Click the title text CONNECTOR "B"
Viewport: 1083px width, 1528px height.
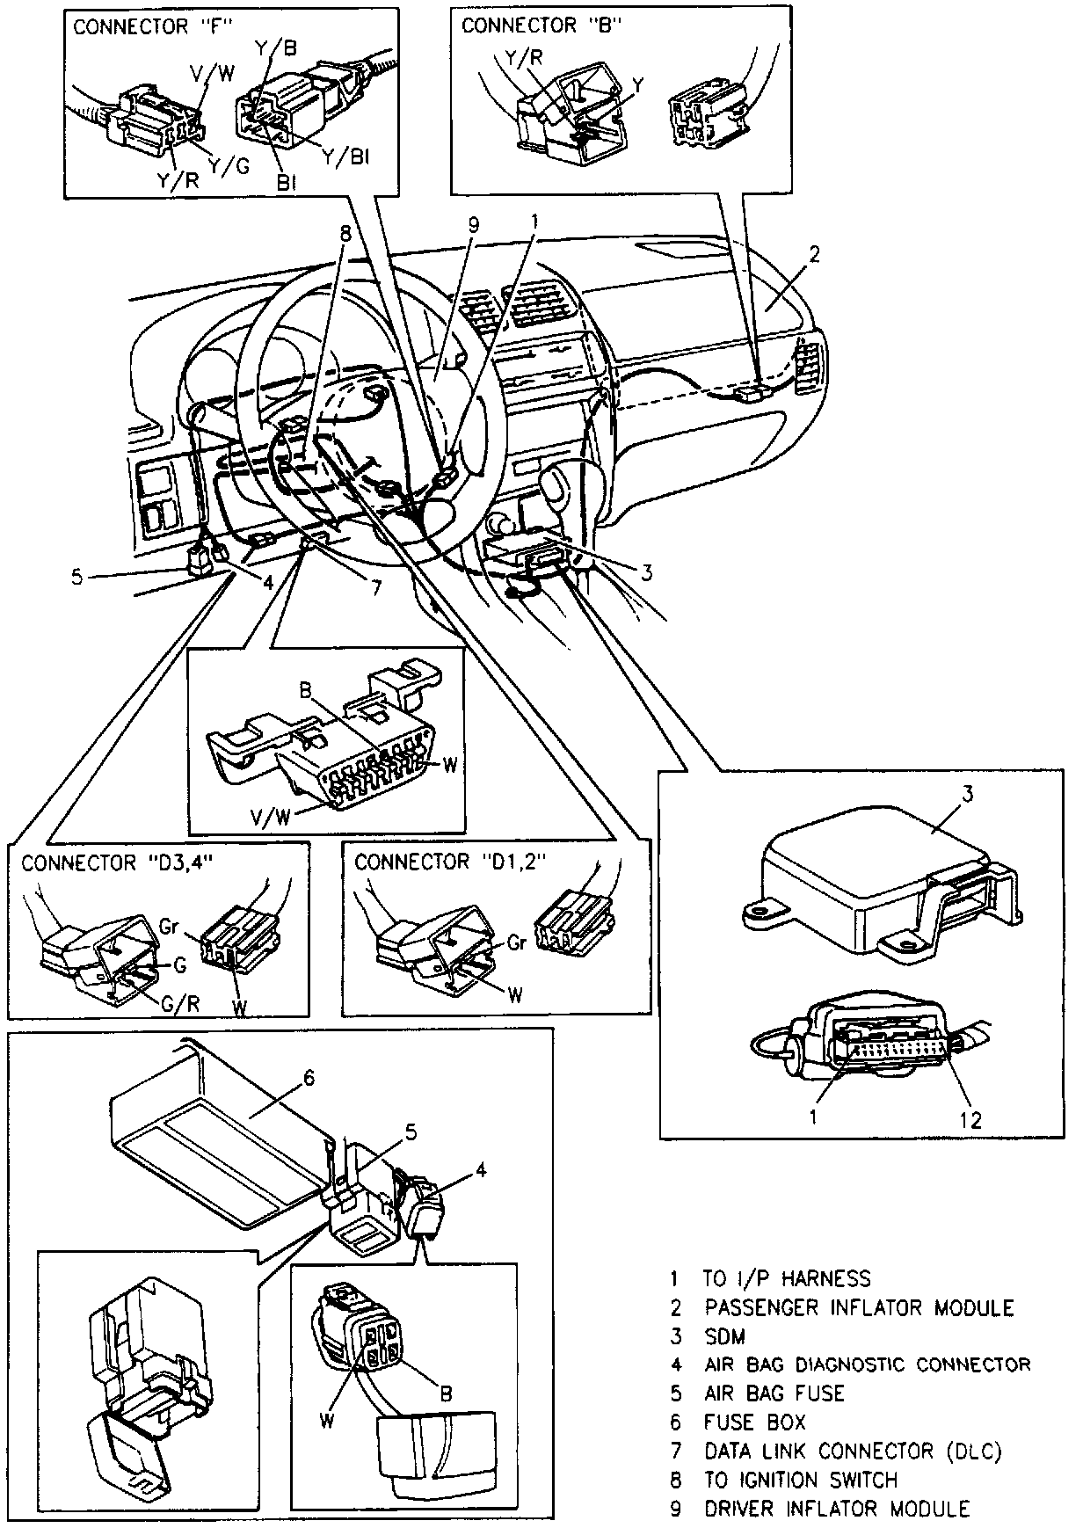[541, 25]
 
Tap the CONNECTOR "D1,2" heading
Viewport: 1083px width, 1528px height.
[450, 862]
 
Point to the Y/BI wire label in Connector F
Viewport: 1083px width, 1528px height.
[345, 157]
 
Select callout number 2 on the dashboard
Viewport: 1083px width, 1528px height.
[815, 255]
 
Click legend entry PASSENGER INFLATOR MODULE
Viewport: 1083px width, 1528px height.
[859, 1307]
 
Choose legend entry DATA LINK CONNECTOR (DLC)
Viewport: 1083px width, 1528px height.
[853, 1450]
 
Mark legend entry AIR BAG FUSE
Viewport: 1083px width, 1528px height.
[774, 1393]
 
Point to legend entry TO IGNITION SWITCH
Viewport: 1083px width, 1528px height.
[801, 1479]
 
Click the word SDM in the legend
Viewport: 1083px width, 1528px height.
[724, 1336]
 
